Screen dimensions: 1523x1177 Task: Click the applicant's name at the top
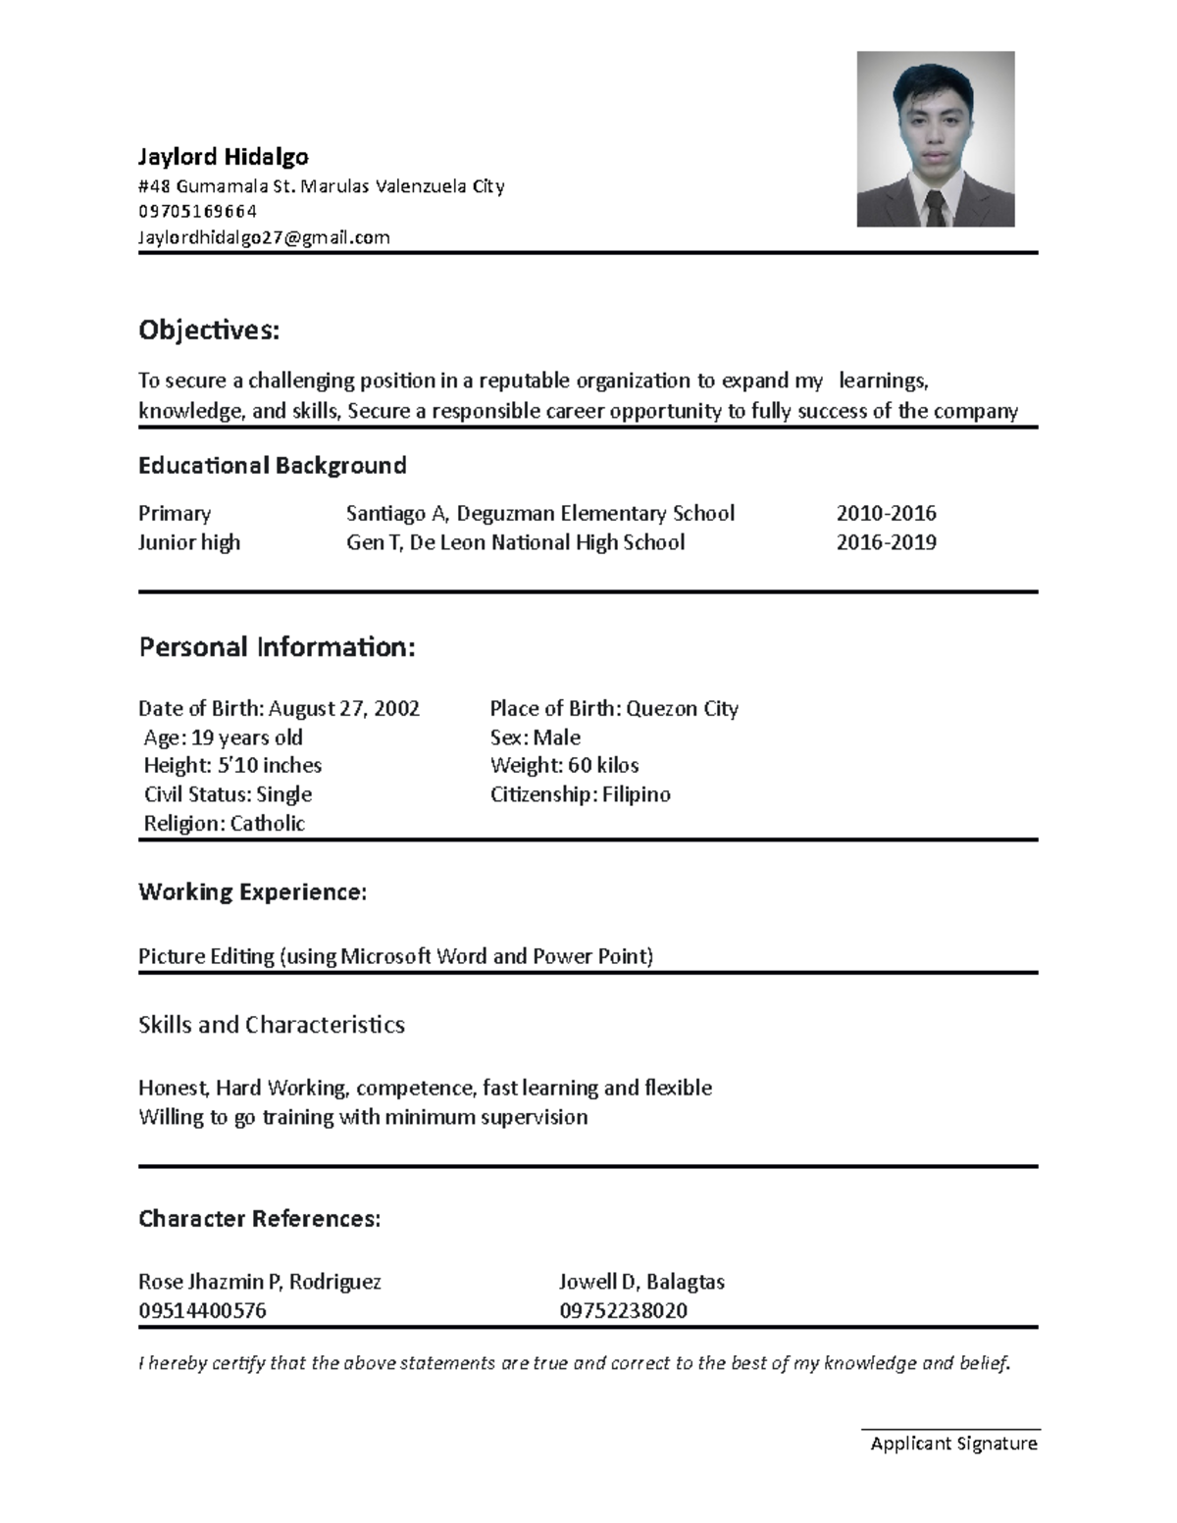(x=224, y=157)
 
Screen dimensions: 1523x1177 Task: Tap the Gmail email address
(x=264, y=237)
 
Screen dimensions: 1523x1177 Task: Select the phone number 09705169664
(x=198, y=211)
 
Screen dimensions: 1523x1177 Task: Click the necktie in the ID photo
(x=935, y=209)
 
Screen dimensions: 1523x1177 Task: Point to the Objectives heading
(x=209, y=330)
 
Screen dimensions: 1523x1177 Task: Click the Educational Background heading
(x=272, y=465)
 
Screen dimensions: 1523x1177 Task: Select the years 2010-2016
(x=886, y=513)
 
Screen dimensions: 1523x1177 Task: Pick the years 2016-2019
(x=886, y=542)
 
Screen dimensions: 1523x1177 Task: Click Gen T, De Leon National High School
(x=515, y=542)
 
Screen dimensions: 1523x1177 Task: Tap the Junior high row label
(x=189, y=542)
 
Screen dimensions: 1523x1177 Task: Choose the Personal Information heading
(x=277, y=647)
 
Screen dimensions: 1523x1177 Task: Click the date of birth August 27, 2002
(x=343, y=708)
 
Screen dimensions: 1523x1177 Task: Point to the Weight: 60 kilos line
(x=564, y=765)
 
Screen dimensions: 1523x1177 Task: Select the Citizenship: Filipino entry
(x=580, y=794)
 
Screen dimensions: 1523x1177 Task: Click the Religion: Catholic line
(x=224, y=824)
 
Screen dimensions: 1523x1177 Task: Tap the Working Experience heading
(x=252, y=891)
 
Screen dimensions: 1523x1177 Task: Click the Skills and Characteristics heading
(x=272, y=1025)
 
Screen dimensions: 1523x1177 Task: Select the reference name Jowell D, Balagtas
(x=641, y=1282)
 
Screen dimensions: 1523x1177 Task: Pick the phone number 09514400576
(x=202, y=1311)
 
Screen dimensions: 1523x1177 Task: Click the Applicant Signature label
(x=953, y=1444)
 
